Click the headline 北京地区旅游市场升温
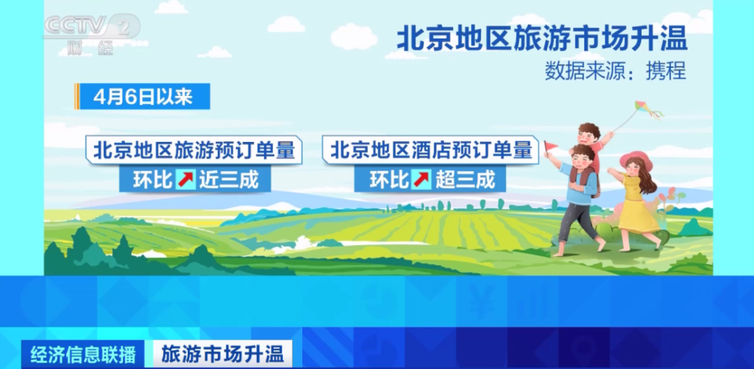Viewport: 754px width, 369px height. (542, 38)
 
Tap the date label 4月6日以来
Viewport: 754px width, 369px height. (143, 97)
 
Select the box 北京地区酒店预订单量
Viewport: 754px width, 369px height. (431, 150)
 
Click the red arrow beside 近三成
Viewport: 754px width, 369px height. (185, 180)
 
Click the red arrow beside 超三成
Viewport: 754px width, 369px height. (421, 180)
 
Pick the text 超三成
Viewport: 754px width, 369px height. (465, 180)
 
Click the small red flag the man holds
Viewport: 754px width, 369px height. (550, 146)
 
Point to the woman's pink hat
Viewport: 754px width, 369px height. (636, 160)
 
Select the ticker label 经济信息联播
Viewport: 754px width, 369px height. (83, 355)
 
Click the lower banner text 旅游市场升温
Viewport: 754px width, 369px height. (222, 355)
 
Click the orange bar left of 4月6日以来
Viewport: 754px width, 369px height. (77, 97)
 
